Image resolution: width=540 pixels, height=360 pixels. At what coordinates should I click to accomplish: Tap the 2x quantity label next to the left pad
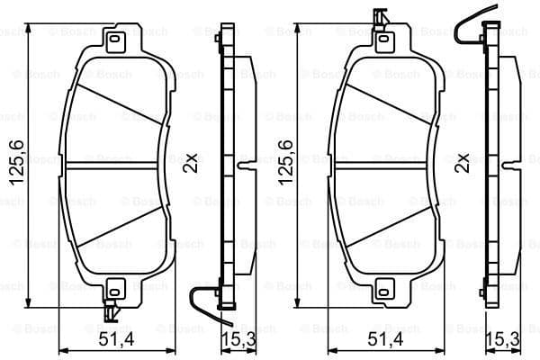coord(191,164)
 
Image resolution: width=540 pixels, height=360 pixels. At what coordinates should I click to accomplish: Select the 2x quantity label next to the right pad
coord(463,164)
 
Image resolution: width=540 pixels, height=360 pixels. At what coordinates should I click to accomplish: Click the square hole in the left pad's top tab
coord(114,40)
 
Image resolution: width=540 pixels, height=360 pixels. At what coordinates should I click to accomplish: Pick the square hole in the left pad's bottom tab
coord(114,290)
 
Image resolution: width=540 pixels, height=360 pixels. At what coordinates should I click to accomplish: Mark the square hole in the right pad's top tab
coord(384,40)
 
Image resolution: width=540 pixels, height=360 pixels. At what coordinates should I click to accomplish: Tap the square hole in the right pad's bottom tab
coord(384,290)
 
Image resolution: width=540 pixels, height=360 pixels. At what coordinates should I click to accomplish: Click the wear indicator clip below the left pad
coord(110,311)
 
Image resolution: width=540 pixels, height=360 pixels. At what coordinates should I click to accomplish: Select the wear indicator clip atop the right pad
coord(380,18)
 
